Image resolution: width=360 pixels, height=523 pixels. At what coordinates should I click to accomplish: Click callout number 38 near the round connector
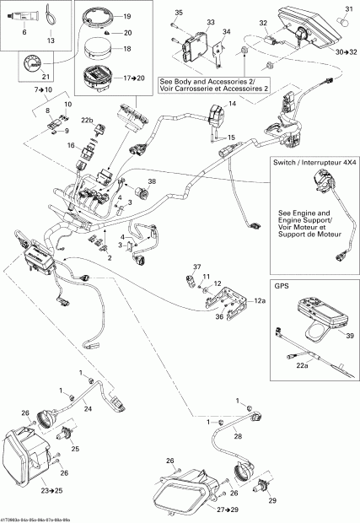[x=152, y=181]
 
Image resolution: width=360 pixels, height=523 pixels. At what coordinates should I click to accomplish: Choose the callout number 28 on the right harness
[x=237, y=437]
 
